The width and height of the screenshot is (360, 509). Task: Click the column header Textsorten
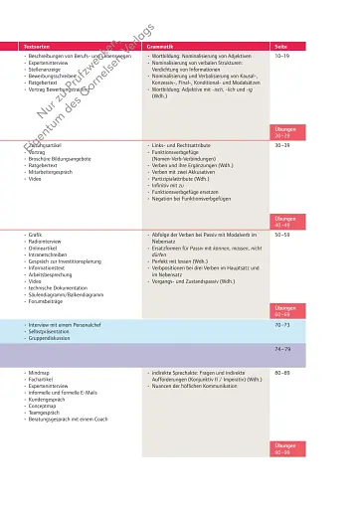click(x=38, y=46)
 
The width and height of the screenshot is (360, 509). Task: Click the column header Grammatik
click(x=162, y=46)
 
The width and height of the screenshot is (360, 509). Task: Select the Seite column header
click(x=280, y=46)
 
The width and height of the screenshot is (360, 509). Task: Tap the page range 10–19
click(x=282, y=57)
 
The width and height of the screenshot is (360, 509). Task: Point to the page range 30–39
click(x=282, y=145)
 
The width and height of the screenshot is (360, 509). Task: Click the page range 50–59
click(x=282, y=234)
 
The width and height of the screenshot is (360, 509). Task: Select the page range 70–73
click(x=282, y=325)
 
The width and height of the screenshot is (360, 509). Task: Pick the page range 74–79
click(x=282, y=349)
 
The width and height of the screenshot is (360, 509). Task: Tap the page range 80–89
click(x=282, y=371)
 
